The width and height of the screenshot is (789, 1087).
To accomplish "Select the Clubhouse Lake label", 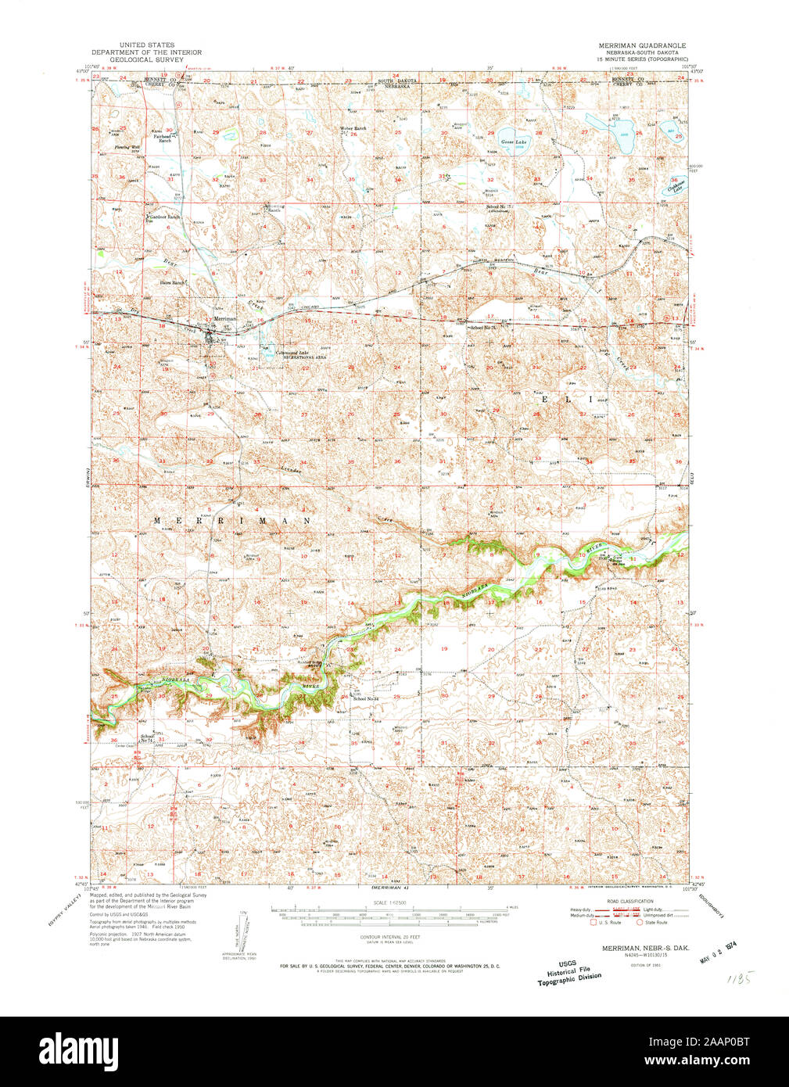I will point(672,185).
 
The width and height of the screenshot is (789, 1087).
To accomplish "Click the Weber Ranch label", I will point(353,128).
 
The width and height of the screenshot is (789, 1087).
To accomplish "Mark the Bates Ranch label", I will point(174,282).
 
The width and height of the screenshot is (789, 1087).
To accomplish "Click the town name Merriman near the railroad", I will point(225,319).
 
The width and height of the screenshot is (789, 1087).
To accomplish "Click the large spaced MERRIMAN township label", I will point(232,520).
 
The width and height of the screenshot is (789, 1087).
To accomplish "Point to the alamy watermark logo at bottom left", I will point(78,1049).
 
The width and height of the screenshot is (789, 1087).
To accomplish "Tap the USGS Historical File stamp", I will point(570,971).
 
